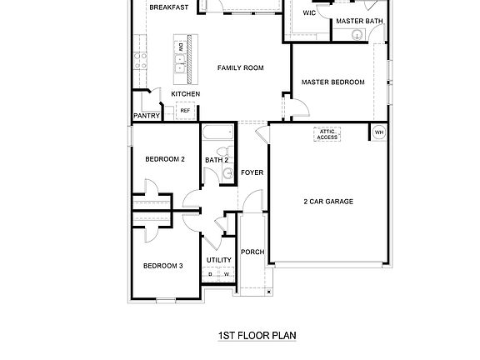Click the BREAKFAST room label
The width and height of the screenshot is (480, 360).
coord(167,7)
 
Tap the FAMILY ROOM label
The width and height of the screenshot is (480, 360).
coord(241,67)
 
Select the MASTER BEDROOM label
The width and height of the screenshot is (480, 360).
coord(333,82)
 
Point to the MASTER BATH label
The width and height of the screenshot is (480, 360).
coord(359,21)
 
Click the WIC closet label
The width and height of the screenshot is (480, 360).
coord(309,13)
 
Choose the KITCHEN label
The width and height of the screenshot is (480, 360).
coord(185,94)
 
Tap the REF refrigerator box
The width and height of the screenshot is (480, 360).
coord(185,110)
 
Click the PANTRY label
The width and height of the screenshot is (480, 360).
coord(147,117)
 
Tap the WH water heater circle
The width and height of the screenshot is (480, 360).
coord(378,132)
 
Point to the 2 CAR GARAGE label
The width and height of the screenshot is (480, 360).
coord(327,202)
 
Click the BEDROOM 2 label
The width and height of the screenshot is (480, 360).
coord(165,158)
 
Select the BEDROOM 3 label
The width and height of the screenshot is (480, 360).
coord(162,266)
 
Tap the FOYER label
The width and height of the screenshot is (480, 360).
coord(252,173)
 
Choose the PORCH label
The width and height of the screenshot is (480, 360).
coord(252,252)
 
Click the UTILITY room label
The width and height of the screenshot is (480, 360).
coord(219,260)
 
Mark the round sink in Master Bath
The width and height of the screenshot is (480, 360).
coord(357,34)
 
